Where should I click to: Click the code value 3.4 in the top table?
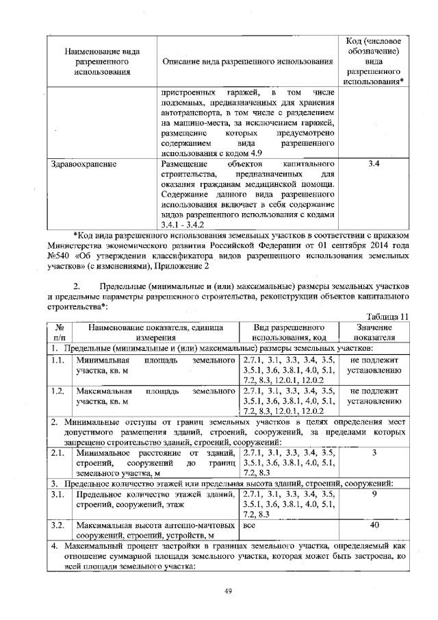(x=374, y=164)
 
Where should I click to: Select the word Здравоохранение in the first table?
(x=84, y=164)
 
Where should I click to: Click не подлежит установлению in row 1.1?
(x=374, y=364)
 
